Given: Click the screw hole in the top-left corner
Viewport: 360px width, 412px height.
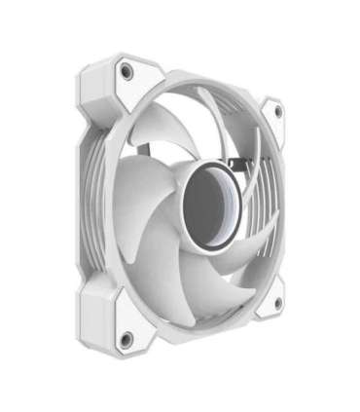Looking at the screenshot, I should click(x=126, y=71).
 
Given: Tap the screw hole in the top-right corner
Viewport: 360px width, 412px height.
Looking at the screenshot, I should click(x=277, y=111).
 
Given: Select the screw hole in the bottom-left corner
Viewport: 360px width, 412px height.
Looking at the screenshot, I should click(x=126, y=338).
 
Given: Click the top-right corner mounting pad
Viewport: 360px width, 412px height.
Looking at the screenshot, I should click(x=272, y=117).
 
